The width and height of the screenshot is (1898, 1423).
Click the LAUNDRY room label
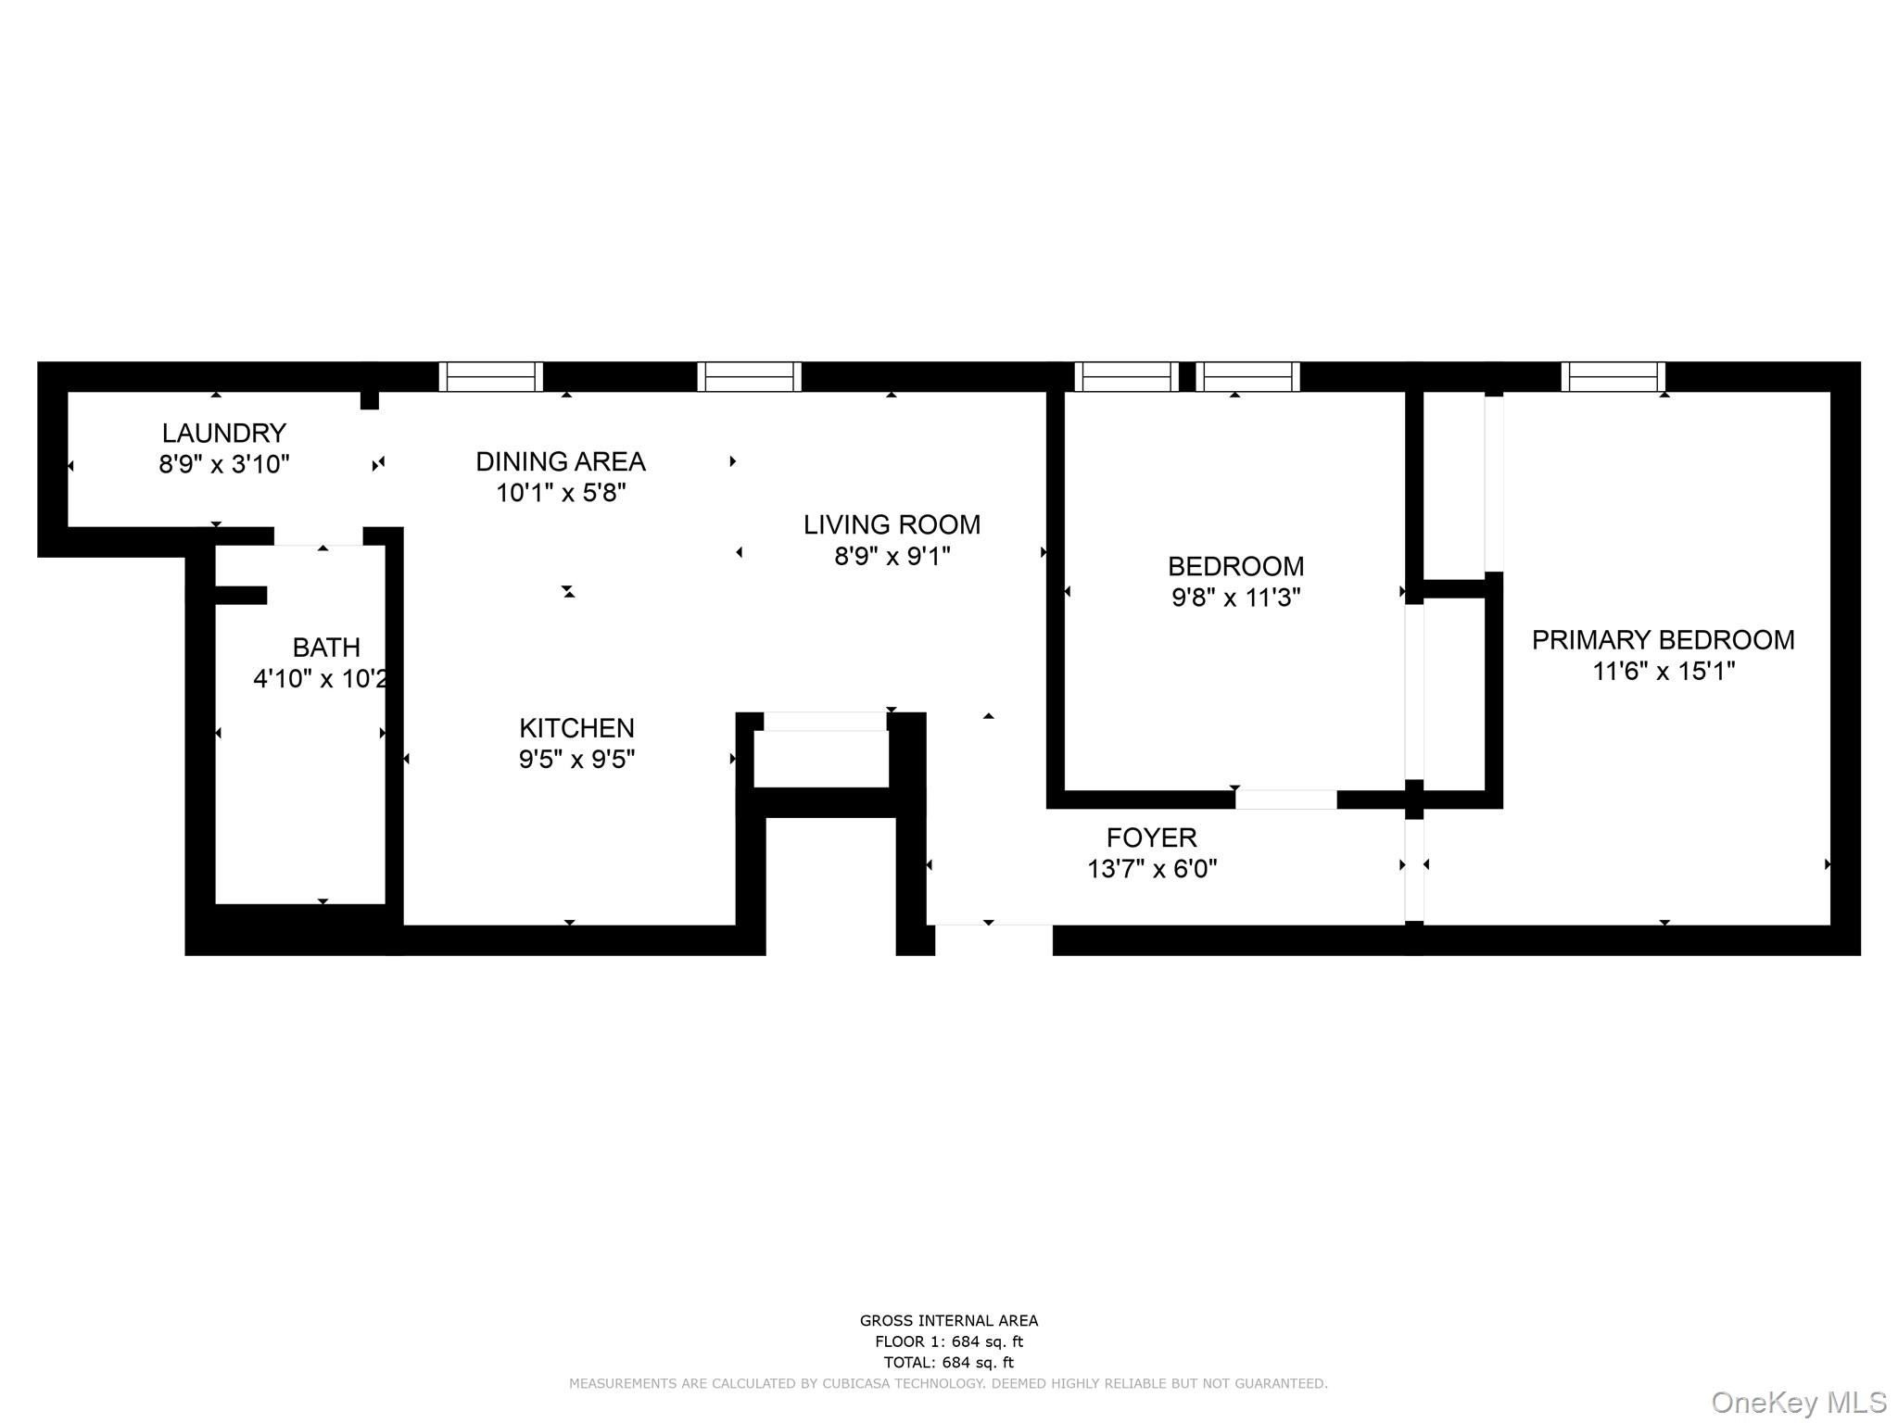[223, 433]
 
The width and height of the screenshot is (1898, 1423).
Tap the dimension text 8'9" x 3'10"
[223, 464]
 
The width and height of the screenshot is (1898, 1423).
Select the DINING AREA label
[560, 461]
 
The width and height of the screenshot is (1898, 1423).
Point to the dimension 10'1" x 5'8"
[560, 493]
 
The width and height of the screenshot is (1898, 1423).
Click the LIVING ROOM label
[892, 524]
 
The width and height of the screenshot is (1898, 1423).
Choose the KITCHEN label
[576, 728]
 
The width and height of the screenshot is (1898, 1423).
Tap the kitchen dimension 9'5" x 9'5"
[576, 760]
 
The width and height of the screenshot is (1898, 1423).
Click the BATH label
[325, 648]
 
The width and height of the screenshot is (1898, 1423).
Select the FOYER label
[1151, 837]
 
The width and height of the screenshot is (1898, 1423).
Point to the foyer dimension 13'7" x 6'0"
[1151, 869]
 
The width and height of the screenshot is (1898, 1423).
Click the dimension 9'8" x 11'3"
[1235, 598]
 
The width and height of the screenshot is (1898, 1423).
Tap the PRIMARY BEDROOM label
[1663, 640]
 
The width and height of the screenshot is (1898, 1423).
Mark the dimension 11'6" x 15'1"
[1663, 672]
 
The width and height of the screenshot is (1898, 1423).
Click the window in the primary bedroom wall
[1613, 377]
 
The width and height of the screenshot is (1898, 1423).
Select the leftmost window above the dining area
[490, 377]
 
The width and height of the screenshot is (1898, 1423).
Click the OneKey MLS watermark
[1798, 1402]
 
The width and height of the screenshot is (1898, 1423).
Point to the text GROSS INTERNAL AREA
[948, 1321]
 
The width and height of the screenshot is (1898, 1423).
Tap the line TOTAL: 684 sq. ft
[948, 1363]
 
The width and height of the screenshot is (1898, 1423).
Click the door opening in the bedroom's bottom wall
[1285, 800]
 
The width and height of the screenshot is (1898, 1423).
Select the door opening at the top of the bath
[318, 536]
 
